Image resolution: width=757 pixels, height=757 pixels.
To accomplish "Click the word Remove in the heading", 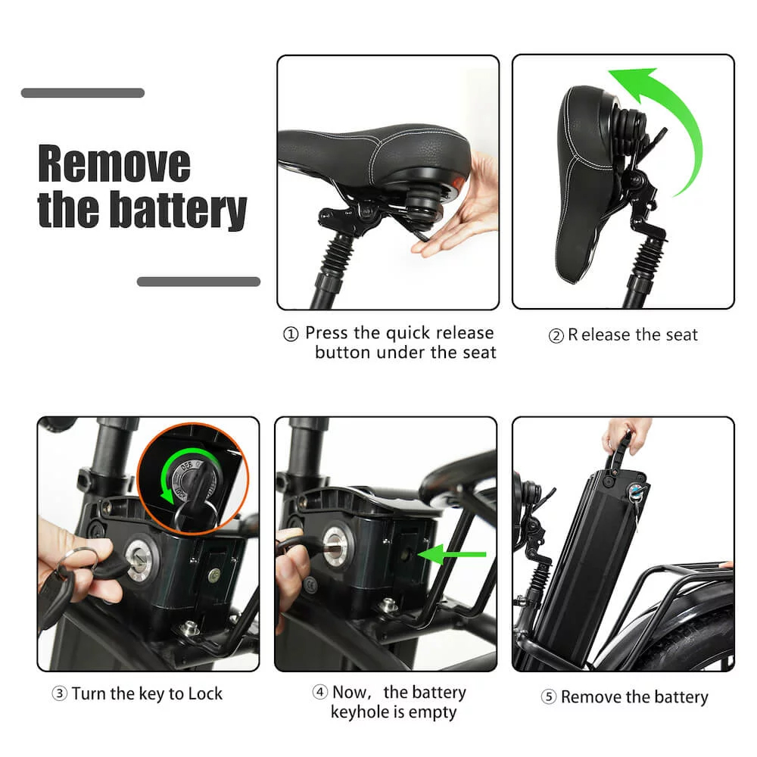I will [114, 164].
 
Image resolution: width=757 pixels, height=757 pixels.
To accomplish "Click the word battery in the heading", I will [178, 210].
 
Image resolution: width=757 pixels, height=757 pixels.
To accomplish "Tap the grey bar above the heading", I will [83, 93].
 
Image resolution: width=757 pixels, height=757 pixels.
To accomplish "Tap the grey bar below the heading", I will [198, 282].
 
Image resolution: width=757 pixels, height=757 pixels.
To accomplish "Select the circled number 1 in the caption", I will [291, 335].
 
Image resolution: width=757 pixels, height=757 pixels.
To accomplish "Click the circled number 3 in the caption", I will [59, 694].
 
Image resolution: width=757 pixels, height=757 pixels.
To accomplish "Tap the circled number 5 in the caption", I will [548, 698].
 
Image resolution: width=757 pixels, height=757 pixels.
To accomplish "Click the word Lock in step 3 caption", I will [204, 693].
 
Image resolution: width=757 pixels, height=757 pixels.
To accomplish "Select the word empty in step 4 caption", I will [432, 712].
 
